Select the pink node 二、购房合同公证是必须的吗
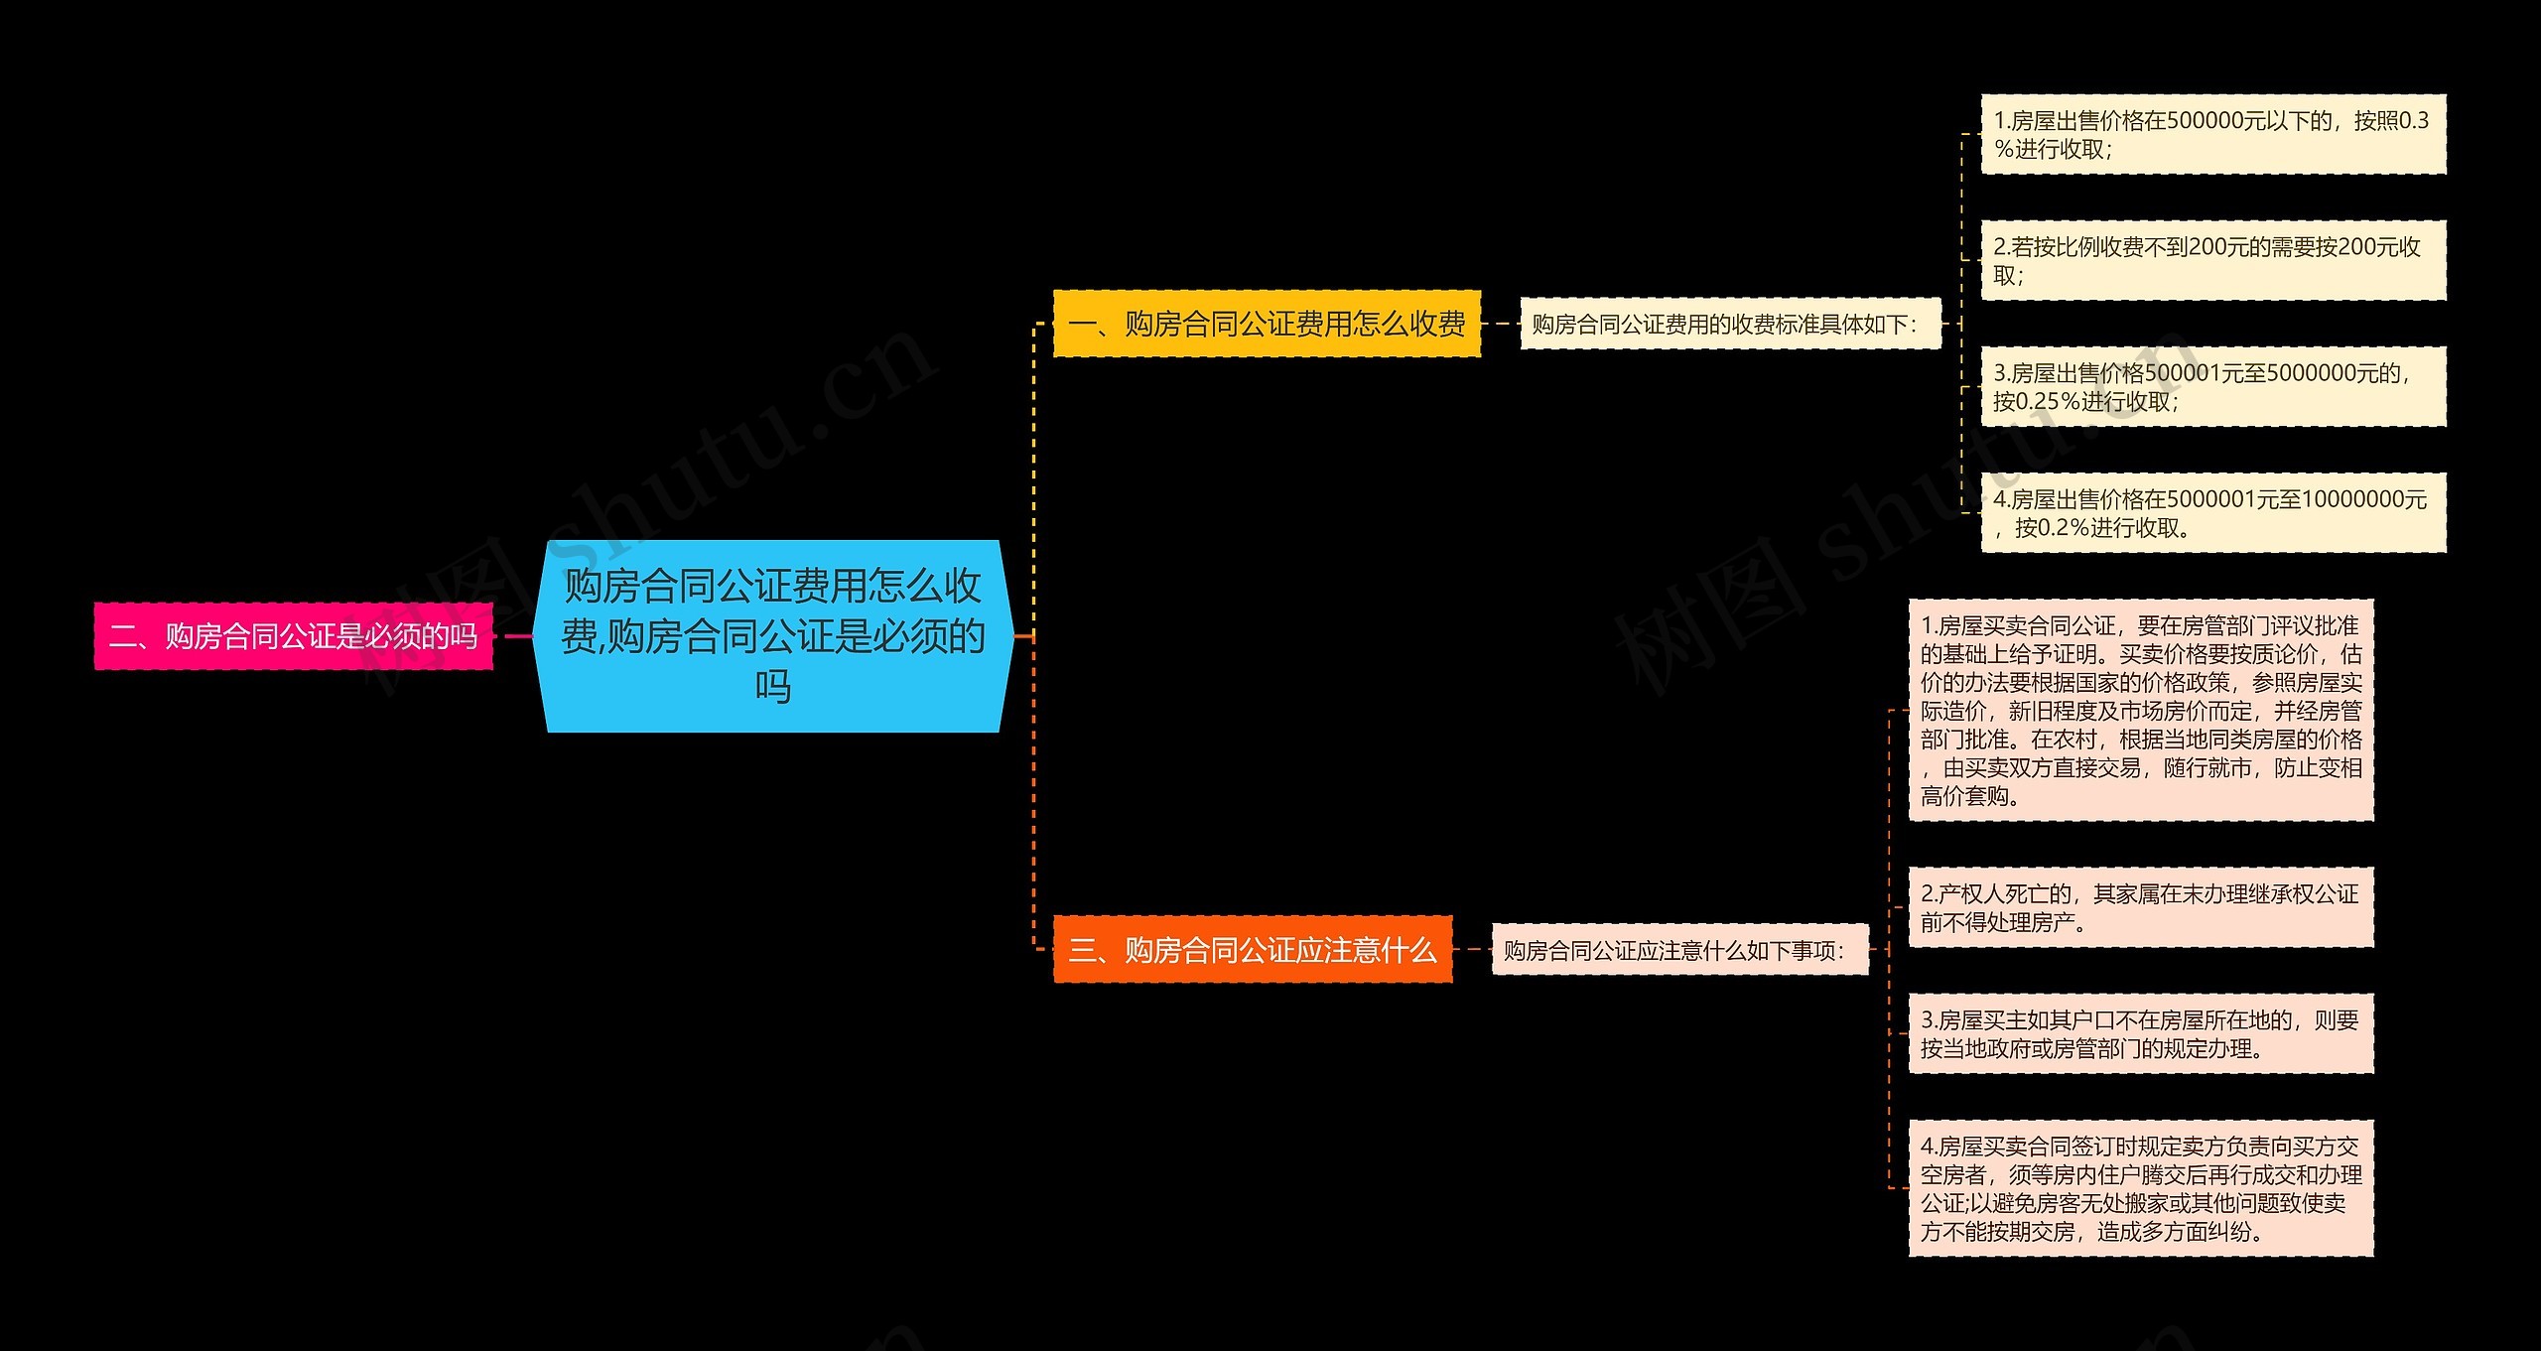coord(294,635)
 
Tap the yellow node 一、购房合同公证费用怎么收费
coord(1267,324)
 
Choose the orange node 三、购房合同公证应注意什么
coord(1253,950)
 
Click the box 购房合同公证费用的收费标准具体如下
coord(1730,324)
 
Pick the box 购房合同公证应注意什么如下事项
coord(1679,950)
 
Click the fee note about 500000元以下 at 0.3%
coord(2213,135)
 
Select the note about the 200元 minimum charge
coord(2213,260)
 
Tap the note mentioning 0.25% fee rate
coord(2213,387)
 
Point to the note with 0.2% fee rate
coord(2213,513)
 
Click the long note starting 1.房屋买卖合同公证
coord(2141,710)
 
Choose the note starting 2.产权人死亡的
coord(2141,907)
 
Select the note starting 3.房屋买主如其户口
coord(2141,1033)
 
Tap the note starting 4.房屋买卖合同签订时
coord(2141,1188)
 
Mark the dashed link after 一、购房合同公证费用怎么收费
coord(1501,324)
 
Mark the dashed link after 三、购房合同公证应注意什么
coord(1472,950)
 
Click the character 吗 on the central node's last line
coord(772,686)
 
